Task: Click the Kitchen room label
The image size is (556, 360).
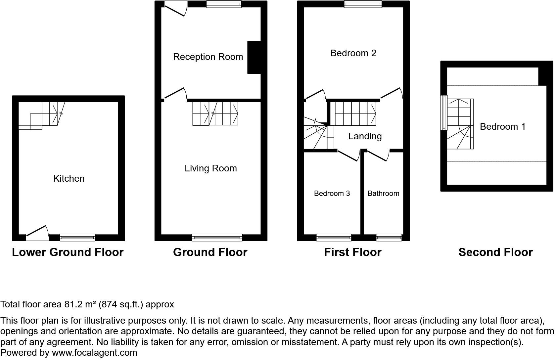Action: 69,179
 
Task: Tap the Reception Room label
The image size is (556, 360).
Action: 208,57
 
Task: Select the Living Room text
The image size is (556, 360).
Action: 211,168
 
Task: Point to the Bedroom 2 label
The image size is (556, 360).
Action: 353,53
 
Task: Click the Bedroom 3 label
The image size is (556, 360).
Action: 332,193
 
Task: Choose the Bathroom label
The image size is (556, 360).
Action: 383,193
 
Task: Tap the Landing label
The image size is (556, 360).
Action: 365,136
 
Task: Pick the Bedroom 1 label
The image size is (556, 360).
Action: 503,127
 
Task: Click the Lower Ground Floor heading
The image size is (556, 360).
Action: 68,252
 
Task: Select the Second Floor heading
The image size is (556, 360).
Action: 495,252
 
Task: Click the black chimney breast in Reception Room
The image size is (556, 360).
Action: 254,57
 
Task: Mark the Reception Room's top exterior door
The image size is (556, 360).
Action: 175,9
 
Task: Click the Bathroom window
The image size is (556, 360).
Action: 389,238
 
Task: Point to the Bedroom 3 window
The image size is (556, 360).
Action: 334,238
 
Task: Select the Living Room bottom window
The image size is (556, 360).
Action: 217,238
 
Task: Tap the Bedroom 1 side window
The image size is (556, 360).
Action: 444,113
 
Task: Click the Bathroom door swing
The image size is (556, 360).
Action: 378,156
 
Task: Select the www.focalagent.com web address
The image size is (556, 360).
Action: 95,353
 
